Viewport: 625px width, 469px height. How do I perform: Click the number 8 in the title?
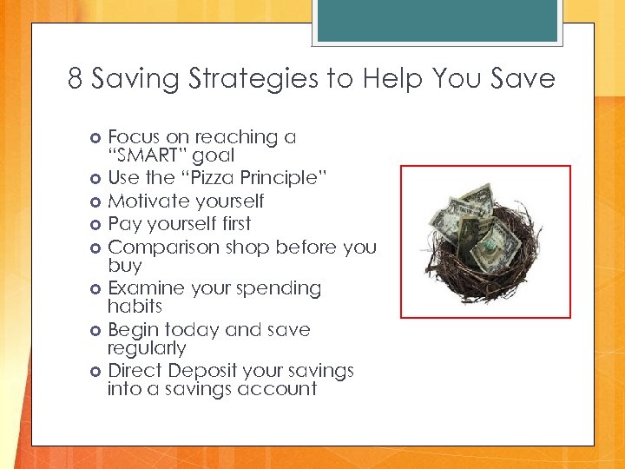click(76, 80)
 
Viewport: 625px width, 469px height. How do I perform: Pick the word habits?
click(135, 307)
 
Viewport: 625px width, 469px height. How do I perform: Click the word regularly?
click(147, 348)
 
